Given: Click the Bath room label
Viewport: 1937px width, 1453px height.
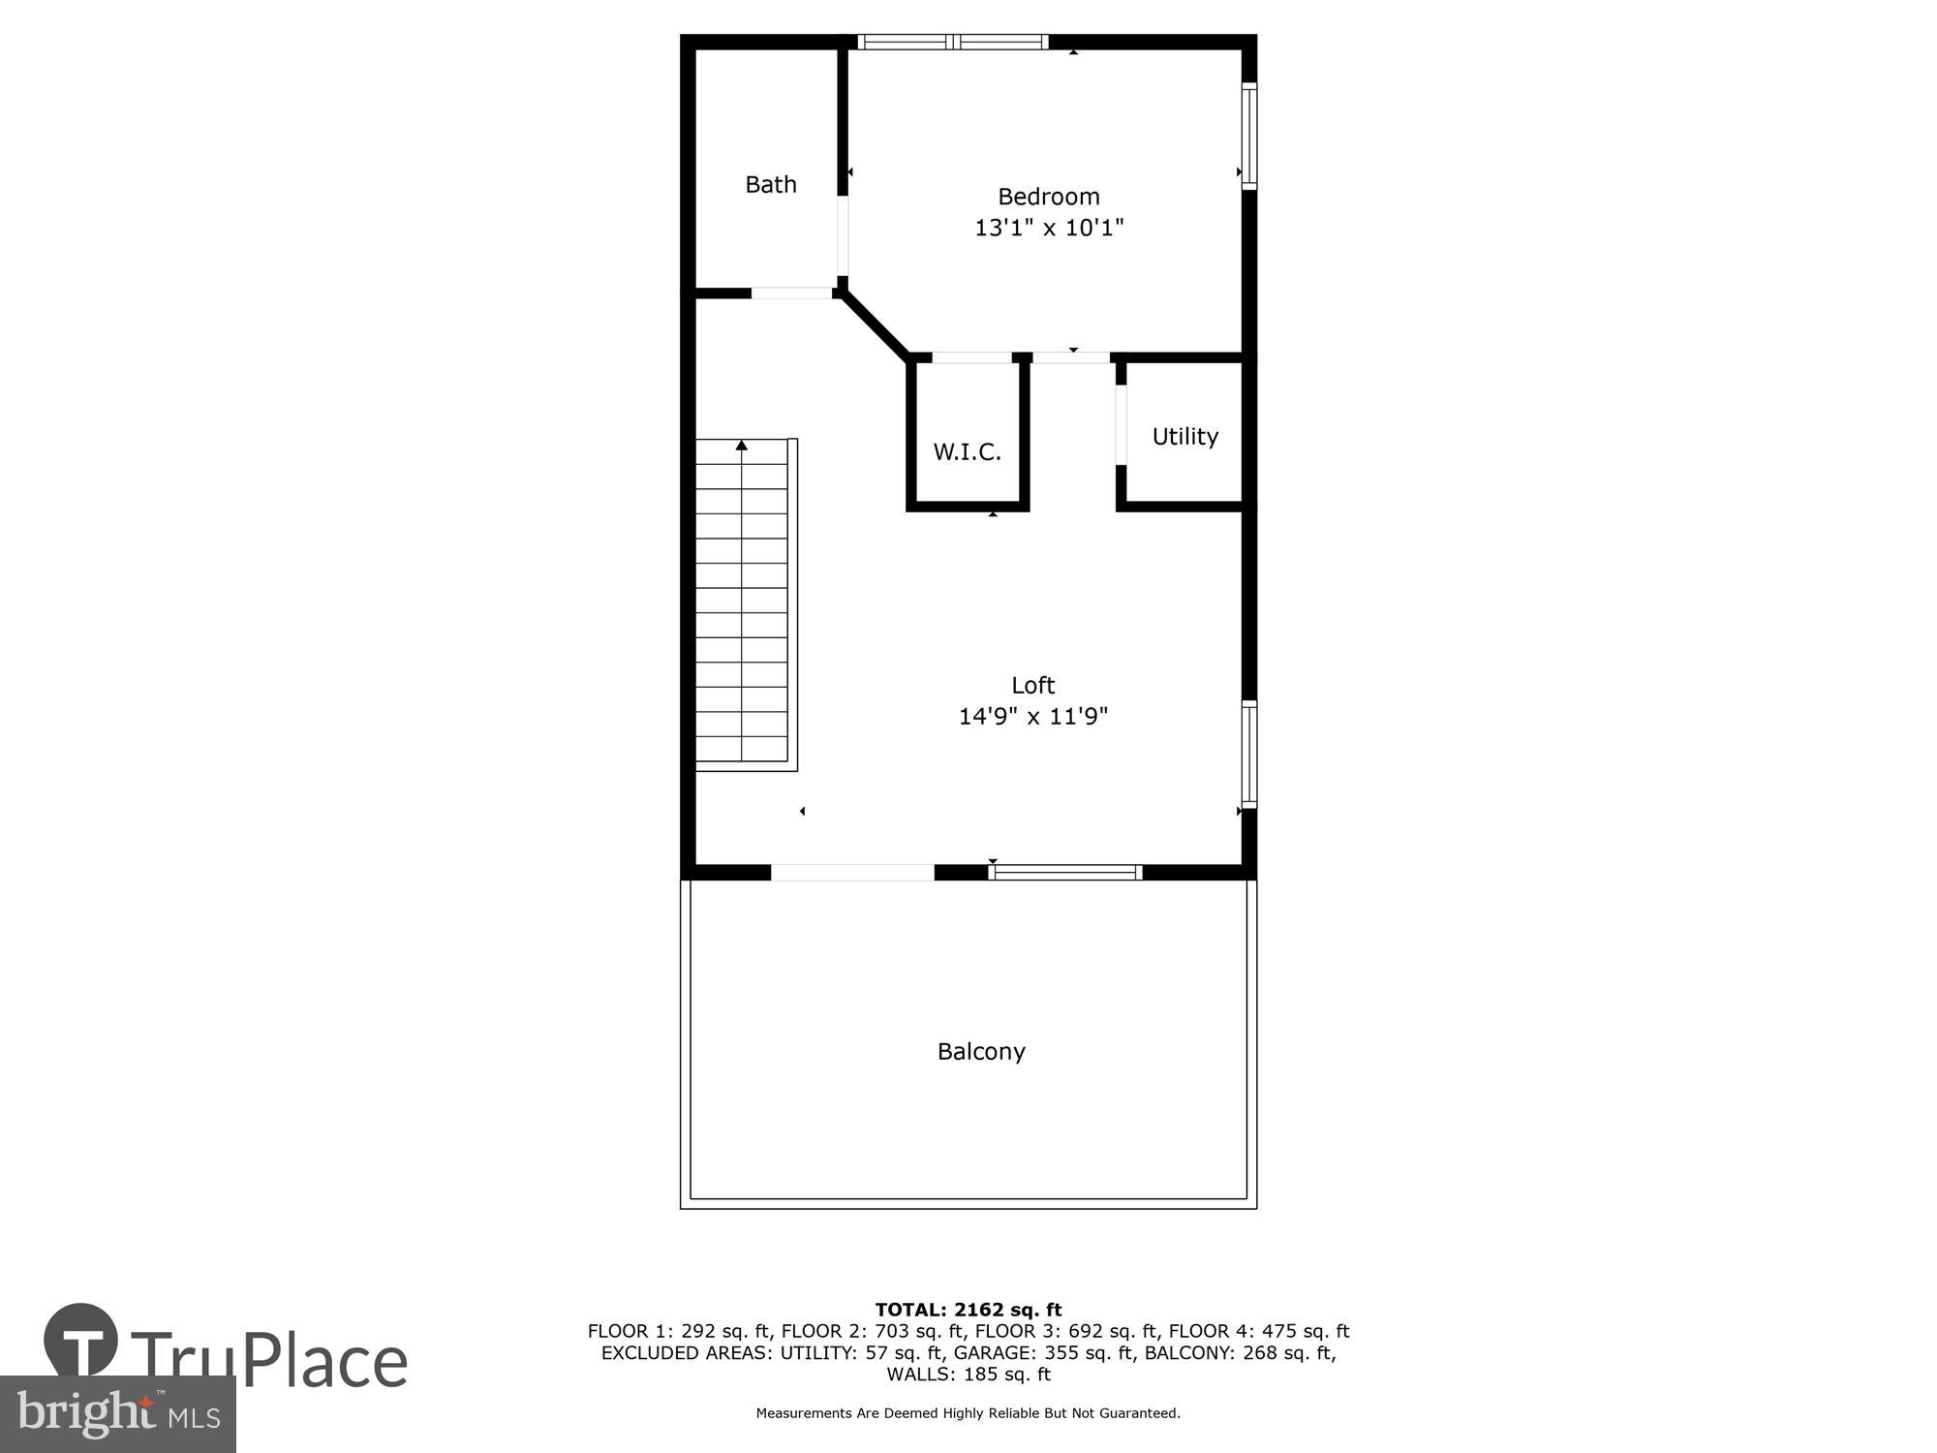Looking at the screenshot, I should point(771,184).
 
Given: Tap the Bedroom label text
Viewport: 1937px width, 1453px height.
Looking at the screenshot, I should point(1049,197).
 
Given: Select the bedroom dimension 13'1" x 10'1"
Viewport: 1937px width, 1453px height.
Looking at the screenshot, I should point(1049,228).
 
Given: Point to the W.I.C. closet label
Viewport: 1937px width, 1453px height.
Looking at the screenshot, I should point(967,451).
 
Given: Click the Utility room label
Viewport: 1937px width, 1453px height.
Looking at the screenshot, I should point(1184,437).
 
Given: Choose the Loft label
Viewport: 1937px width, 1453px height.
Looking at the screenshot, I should point(1032,686).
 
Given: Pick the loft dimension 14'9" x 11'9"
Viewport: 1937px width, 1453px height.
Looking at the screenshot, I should point(1032,717).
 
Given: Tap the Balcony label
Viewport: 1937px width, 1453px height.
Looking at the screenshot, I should point(981,1052).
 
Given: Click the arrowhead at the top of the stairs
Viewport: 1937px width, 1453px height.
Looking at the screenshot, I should point(742,446).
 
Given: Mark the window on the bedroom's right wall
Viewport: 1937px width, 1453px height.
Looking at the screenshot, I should point(1249,136).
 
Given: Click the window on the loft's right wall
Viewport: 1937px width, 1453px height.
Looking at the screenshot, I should point(1249,754).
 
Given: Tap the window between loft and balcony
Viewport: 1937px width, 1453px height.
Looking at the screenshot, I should point(1065,872).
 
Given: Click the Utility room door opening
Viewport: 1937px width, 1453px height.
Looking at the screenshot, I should point(1122,425).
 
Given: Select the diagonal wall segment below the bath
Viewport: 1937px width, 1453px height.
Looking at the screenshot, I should point(875,325).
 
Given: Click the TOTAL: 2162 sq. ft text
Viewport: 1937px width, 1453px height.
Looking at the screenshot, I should point(968,1310).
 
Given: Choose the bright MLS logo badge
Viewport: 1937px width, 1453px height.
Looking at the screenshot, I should point(117,1414).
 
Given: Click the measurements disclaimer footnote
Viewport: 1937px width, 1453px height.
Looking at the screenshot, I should point(968,1413).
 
